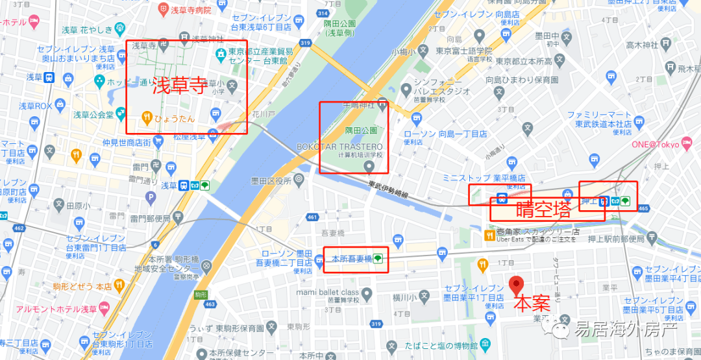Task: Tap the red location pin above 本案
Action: (516, 285)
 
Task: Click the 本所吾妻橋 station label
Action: (351, 259)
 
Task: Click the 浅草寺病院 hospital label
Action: (190, 10)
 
